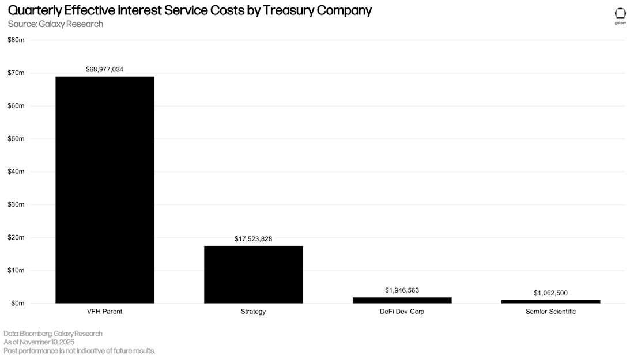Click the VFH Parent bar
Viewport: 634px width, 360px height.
[105, 190]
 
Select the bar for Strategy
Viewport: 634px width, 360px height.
[253, 274]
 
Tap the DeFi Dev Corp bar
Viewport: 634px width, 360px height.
[402, 300]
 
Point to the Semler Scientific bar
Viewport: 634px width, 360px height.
[550, 301]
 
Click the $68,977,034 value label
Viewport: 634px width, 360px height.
[105, 69]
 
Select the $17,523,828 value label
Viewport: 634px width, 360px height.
[253, 238]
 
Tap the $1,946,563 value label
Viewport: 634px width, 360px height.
[402, 290]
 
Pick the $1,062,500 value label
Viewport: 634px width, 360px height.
[550, 293]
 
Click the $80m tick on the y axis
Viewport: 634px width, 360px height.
[16, 40]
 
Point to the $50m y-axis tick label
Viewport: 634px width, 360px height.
[16, 139]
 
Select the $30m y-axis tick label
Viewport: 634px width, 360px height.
[16, 204]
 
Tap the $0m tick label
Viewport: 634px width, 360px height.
[17, 304]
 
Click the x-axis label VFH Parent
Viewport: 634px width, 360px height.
[105, 312]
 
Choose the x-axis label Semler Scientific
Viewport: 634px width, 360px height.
[550, 312]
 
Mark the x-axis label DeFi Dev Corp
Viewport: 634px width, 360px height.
[402, 312]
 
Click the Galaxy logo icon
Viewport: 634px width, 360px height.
[620, 14]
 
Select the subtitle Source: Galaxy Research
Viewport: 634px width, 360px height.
[55, 24]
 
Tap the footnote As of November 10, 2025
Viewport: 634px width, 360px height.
[39, 342]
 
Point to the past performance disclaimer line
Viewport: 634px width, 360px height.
[80, 351]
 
